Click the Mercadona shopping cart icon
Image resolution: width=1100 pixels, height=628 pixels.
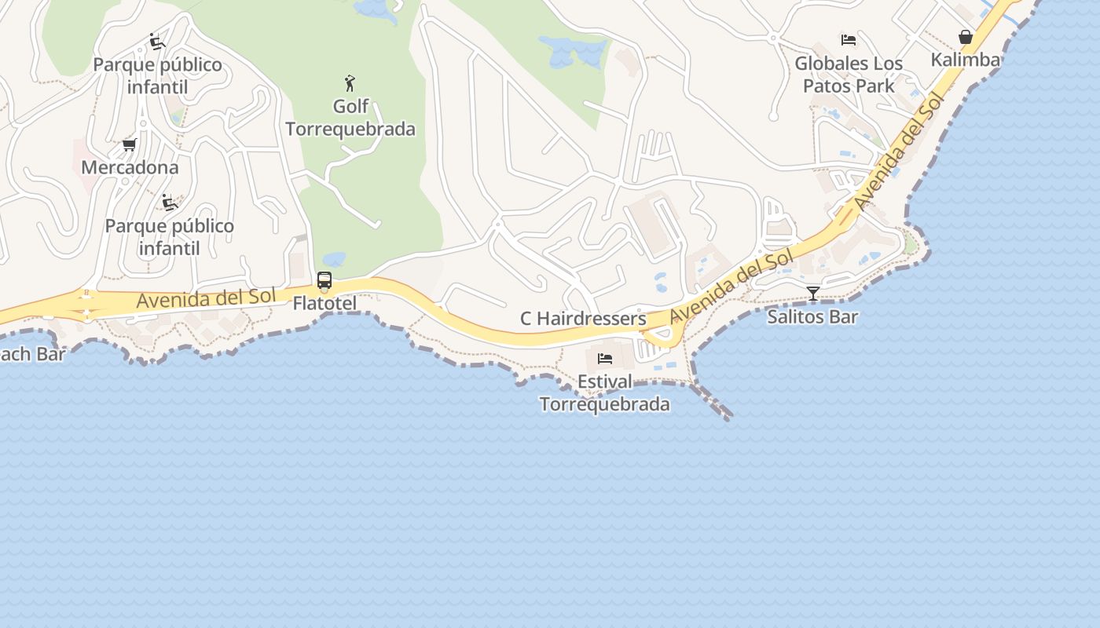(x=130, y=145)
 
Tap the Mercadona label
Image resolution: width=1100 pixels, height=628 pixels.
(x=130, y=167)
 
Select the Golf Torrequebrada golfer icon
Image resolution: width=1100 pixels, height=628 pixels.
(x=350, y=83)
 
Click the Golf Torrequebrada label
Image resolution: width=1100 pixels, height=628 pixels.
(x=350, y=118)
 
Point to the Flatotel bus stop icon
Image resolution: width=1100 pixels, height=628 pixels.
(x=324, y=281)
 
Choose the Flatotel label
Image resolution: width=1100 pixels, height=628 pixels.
(x=324, y=303)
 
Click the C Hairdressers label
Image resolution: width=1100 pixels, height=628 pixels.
(x=583, y=319)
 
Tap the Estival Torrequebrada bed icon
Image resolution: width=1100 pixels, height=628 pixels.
(x=605, y=359)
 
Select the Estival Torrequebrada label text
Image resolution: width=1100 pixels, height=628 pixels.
(x=604, y=392)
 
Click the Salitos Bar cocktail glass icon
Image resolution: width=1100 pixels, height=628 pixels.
(x=813, y=294)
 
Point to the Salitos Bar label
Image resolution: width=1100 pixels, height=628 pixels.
(x=812, y=317)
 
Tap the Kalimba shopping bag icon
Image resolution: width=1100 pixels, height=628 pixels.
(x=966, y=37)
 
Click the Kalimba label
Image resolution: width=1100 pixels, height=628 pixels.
(x=966, y=60)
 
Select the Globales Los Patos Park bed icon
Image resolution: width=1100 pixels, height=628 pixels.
(x=849, y=39)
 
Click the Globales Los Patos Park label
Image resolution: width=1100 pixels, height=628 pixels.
(x=849, y=74)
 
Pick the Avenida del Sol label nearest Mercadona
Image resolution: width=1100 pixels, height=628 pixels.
(x=206, y=298)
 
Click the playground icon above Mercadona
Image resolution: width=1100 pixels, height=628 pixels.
(x=157, y=42)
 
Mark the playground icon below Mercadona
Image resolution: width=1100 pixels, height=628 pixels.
(x=169, y=203)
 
